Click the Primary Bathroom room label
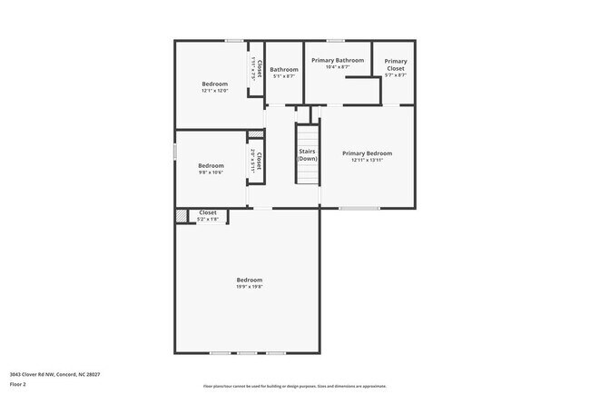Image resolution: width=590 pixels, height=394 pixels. (338, 60)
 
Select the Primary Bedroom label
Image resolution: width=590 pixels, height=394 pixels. (368, 153)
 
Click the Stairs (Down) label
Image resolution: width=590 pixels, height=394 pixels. (308, 154)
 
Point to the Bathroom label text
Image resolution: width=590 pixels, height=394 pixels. (284, 69)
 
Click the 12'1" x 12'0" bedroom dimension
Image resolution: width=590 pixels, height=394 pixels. (215, 91)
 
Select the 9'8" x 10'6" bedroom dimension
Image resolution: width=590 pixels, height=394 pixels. (211, 172)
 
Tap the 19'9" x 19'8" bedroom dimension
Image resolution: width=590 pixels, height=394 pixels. (250, 287)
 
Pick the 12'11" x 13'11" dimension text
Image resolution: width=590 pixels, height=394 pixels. (368, 161)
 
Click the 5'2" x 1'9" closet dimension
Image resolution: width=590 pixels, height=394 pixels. (208, 219)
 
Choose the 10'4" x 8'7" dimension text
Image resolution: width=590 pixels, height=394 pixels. (338, 67)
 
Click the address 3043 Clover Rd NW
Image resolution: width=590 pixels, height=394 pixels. (55, 374)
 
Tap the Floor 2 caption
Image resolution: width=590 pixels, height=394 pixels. (19, 384)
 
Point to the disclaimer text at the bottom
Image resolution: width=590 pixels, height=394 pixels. (295, 386)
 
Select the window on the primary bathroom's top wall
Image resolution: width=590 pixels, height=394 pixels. (336, 40)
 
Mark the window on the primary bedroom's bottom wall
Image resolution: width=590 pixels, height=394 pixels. (359, 209)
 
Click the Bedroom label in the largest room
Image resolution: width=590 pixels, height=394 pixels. (250, 280)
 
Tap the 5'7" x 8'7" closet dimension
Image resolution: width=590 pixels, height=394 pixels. (396, 75)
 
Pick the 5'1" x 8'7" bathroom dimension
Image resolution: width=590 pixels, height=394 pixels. (284, 76)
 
